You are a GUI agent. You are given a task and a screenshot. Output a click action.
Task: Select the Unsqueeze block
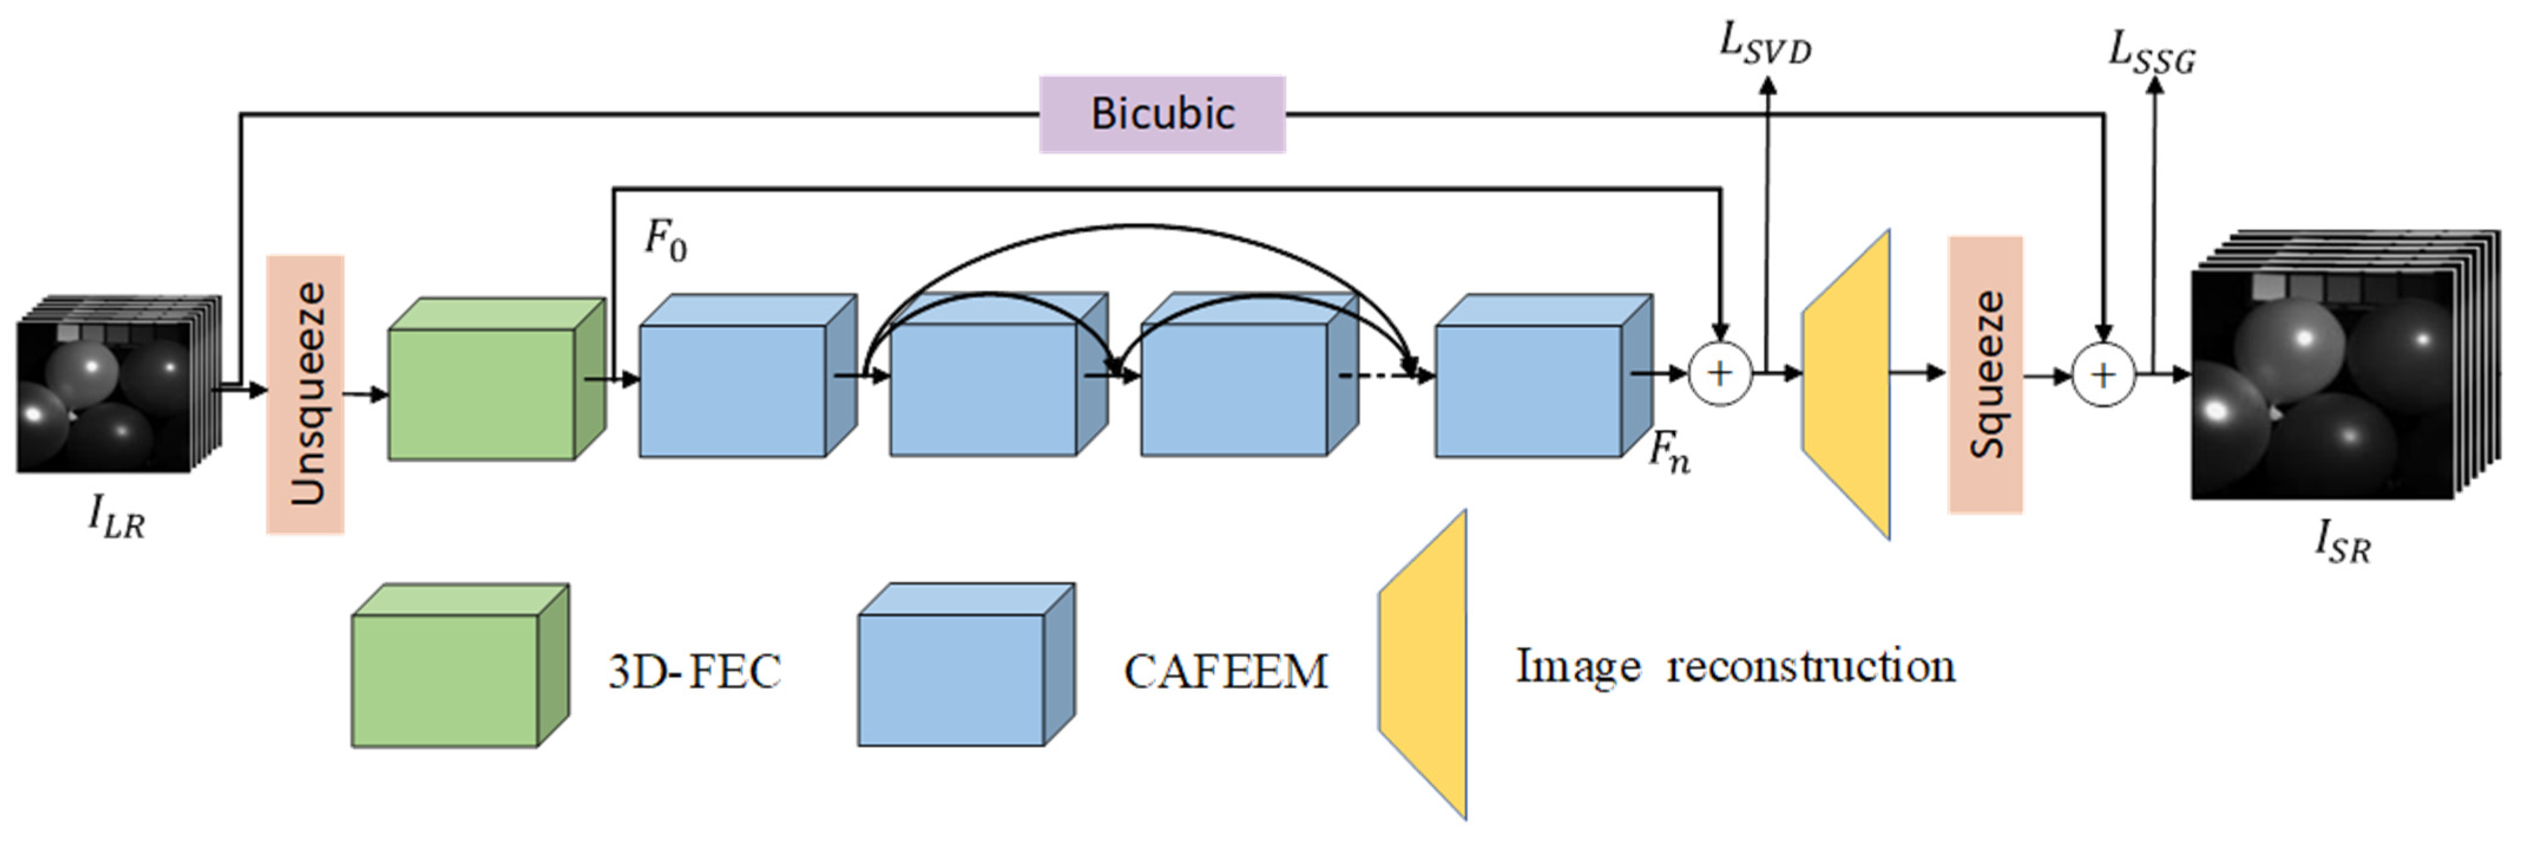(x=305, y=395)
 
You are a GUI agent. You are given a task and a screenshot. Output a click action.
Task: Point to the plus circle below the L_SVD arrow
(x=1720, y=373)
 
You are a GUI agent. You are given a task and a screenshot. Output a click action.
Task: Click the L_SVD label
(x=1765, y=44)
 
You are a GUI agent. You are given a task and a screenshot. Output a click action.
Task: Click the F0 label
(x=665, y=240)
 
